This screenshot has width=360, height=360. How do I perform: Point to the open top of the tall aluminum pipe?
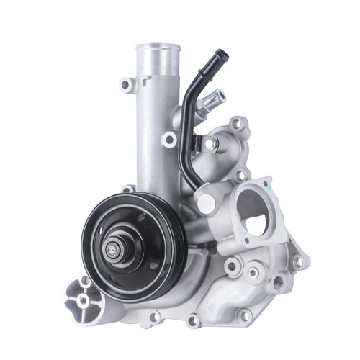pyautogui.click(x=156, y=50)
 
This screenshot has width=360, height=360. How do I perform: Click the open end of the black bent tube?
pyautogui.click(x=220, y=54)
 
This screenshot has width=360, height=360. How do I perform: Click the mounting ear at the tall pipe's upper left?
pyautogui.click(x=127, y=84)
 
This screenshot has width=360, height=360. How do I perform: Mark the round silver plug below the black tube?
pyautogui.click(x=207, y=202)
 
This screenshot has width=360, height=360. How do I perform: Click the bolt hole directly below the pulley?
pyautogui.click(x=153, y=315)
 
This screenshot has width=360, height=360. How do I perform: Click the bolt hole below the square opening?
pyautogui.click(x=253, y=272)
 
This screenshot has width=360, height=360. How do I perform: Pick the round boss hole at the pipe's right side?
pyautogui.click(x=170, y=139)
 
